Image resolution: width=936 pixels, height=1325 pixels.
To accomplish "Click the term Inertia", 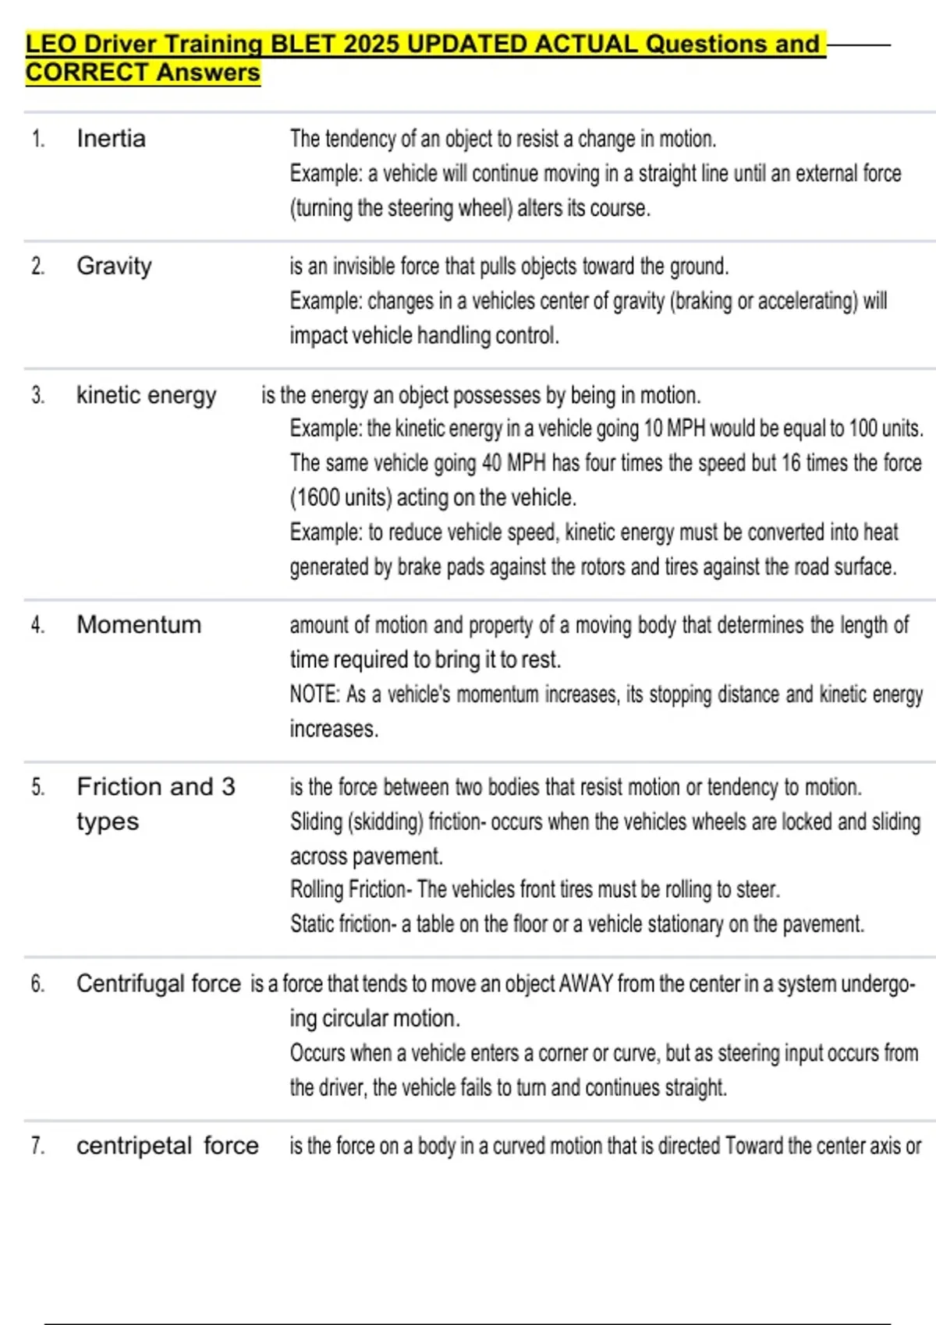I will (x=111, y=139).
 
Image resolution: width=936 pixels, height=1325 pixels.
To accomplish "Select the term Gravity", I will (x=114, y=266).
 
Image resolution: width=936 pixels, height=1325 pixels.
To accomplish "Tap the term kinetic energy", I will (x=146, y=395).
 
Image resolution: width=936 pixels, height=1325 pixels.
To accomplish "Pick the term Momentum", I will (x=139, y=624).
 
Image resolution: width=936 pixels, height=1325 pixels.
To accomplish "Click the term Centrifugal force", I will (x=158, y=984).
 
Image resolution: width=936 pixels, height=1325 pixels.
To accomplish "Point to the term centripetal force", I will (x=167, y=1146).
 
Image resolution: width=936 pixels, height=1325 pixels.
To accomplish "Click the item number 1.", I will (x=37, y=139).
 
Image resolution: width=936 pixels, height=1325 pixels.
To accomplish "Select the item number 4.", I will (x=37, y=624).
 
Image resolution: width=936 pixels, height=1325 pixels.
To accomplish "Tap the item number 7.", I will (x=37, y=1146).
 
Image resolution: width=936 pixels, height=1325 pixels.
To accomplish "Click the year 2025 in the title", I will (x=371, y=44).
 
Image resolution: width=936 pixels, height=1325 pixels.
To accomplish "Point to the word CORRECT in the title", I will (x=87, y=72).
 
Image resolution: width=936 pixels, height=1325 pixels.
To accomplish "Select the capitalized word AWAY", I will (x=586, y=984).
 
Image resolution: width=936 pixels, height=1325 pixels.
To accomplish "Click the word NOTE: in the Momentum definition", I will (x=314, y=694).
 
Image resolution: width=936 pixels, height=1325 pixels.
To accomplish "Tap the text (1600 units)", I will (x=341, y=497).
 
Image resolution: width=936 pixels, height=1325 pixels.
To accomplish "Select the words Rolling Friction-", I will (x=350, y=889).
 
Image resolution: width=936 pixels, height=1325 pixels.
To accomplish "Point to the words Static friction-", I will (x=342, y=924).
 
